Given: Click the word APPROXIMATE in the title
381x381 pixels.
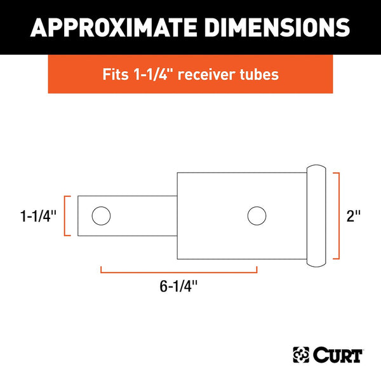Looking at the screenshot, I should click(x=112, y=27).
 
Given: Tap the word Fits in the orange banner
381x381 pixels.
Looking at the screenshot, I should click(x=114, y=74).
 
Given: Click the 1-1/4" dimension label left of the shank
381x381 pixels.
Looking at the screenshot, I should click(x=38, y=217).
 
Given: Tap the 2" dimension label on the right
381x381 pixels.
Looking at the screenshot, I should click(x=354, y=217).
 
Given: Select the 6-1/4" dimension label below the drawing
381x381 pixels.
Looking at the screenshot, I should click(x=178, y=286).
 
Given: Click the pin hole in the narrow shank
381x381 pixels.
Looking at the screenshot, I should click(x=100, y=217).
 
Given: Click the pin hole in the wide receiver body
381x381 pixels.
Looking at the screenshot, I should click(x=257, y=216).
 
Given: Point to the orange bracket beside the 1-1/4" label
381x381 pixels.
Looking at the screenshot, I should click(x=64, y=217).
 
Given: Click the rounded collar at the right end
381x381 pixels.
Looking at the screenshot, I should click(x=316, y=216).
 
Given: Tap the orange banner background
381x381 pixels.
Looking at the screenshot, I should click(x=70, y=74).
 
